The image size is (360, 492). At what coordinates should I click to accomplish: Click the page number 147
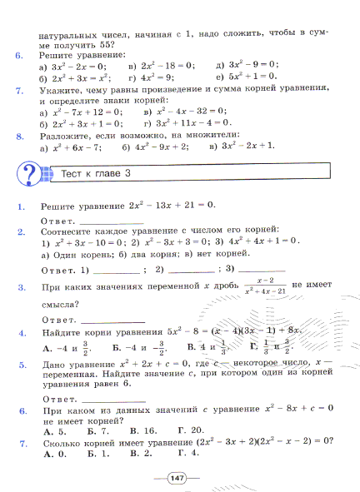[x=177, y=477]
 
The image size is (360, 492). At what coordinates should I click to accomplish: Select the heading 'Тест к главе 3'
[x=97, y=173]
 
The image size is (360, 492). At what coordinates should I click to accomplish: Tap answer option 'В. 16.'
[x=144, y=430]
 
